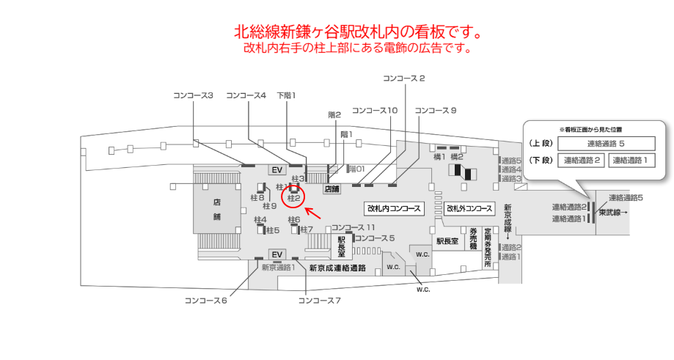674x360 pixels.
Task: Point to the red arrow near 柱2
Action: tap(313, 213)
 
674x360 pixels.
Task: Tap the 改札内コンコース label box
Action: tap(394, 208)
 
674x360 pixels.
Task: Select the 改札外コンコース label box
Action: tap(469, 208)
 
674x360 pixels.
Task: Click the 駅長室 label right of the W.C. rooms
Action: tap(447, 240)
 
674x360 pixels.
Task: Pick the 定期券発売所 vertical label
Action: tap(487, 249)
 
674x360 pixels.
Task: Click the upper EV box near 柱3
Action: tap(277, 170)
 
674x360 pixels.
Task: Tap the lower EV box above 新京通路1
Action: tap(277, 254)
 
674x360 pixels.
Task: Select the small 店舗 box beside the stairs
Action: tap(332, 188)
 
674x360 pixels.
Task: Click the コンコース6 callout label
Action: tap(206, 300)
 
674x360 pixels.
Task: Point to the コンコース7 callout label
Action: tap(320, 300)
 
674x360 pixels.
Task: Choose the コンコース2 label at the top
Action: tap(404, 78)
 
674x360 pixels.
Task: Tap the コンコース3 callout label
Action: tap(193, 95)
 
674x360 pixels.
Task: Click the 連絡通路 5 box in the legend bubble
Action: tap(606, 144)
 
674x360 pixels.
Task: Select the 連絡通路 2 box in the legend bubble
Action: tap(582, 161)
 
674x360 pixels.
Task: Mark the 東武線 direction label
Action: tap(613, 213)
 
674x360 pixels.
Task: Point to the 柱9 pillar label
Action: tap(269, 206)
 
